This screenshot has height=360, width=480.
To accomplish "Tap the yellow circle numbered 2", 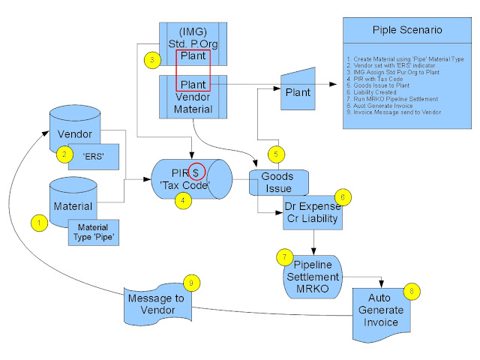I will [x=66, y=154].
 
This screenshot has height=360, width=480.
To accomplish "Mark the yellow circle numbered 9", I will [x=193, y=283].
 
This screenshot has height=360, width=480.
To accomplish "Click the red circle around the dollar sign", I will [x=196, y=172].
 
